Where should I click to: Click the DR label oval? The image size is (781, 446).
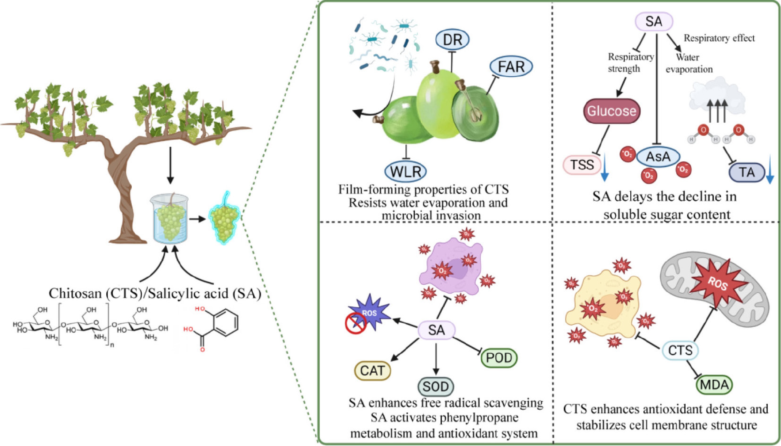[x=452, y=39]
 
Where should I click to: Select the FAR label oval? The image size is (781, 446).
[x=511, y=66]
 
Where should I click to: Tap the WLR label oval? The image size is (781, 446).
[x=406, y=172]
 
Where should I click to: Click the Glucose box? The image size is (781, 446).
[x=611, y=111]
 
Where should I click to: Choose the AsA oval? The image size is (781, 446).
[x=658, y=157]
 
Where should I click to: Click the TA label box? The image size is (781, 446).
[x=747, y=173]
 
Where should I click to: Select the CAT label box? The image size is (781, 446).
[x=372, y=371]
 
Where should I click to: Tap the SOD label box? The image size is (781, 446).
[x=436, y=387]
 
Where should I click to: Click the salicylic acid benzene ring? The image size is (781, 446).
[x=226, y=323]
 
